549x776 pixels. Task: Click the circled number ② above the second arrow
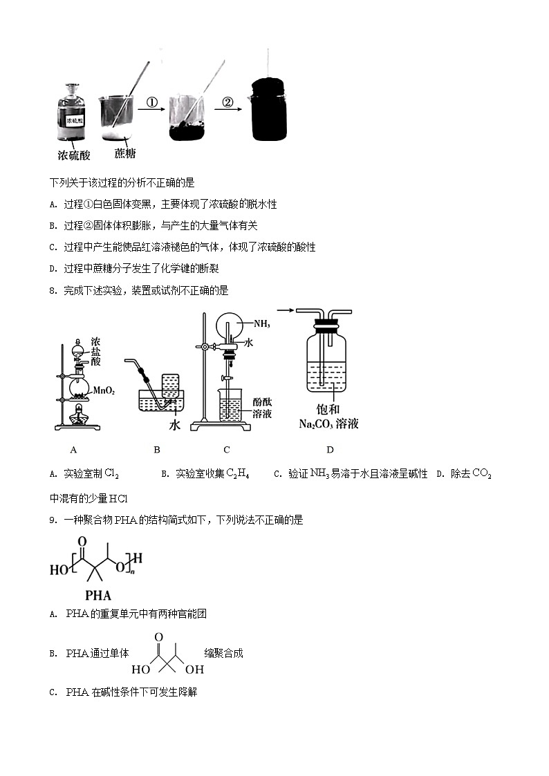227,103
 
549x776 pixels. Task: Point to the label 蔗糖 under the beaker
124,153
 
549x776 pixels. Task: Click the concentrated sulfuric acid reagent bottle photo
72,114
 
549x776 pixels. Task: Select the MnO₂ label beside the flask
104,390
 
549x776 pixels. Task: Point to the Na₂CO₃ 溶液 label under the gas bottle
328,424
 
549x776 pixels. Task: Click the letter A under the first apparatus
73,450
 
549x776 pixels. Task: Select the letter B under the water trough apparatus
157,450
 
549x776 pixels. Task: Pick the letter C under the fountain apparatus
226,450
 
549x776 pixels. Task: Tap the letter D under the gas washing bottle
330,450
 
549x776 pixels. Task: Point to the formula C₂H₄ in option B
237,473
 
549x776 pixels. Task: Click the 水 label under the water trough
174,426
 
